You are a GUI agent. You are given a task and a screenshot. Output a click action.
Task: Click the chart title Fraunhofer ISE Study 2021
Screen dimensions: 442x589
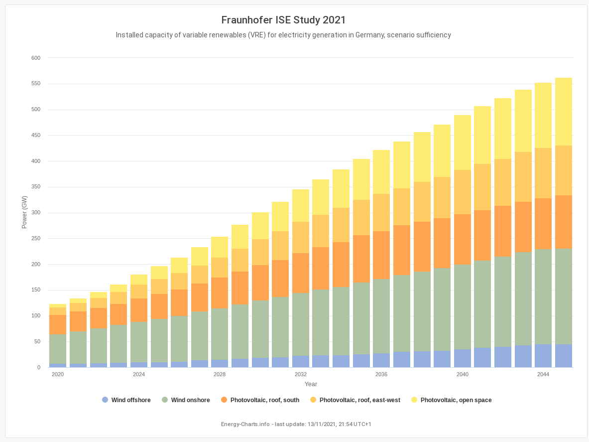click(x=283, y=20)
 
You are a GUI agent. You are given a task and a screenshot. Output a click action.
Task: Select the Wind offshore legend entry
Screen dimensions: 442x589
click(x=130, y=400)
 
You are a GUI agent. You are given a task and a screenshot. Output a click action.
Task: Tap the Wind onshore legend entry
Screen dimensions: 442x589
click(x=190, y=400)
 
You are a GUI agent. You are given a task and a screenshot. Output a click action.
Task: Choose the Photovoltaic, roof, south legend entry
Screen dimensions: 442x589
click(x=264, y=400)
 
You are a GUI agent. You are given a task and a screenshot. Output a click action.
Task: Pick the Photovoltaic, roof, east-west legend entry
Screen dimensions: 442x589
click(x=359, y=400)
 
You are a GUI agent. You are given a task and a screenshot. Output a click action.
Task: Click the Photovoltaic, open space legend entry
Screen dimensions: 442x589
click(x=456, y=400)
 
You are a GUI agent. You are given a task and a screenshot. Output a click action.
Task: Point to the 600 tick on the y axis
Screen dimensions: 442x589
click(x=36, y=58)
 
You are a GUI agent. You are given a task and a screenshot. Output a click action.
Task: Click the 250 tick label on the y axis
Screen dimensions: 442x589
click(x=36, y=239)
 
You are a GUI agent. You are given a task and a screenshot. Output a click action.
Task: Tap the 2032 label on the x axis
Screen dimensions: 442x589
click(x=301, y=374)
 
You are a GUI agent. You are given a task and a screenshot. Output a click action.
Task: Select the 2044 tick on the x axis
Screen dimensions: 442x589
click(x=543, y=374)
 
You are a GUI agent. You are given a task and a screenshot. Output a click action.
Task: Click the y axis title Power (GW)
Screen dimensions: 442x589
click(x=24, y=212)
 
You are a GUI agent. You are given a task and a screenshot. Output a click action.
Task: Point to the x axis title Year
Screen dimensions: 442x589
click(x=311, y=384)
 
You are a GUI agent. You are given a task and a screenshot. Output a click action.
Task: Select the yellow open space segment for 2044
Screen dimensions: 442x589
click(x=543, y=116)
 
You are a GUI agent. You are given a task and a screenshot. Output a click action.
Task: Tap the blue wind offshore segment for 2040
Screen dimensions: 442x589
click(x=463, y=358)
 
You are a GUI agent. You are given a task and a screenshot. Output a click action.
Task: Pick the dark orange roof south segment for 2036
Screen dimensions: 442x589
click(x=381, y=255)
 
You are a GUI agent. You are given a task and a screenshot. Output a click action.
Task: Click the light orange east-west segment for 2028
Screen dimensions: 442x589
click(x=220, y=268)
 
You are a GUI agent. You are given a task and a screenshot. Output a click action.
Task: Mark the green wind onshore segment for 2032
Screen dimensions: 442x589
click(x=301, y=324)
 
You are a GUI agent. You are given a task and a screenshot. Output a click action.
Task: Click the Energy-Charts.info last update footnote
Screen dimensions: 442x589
click(x=296, y=424)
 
